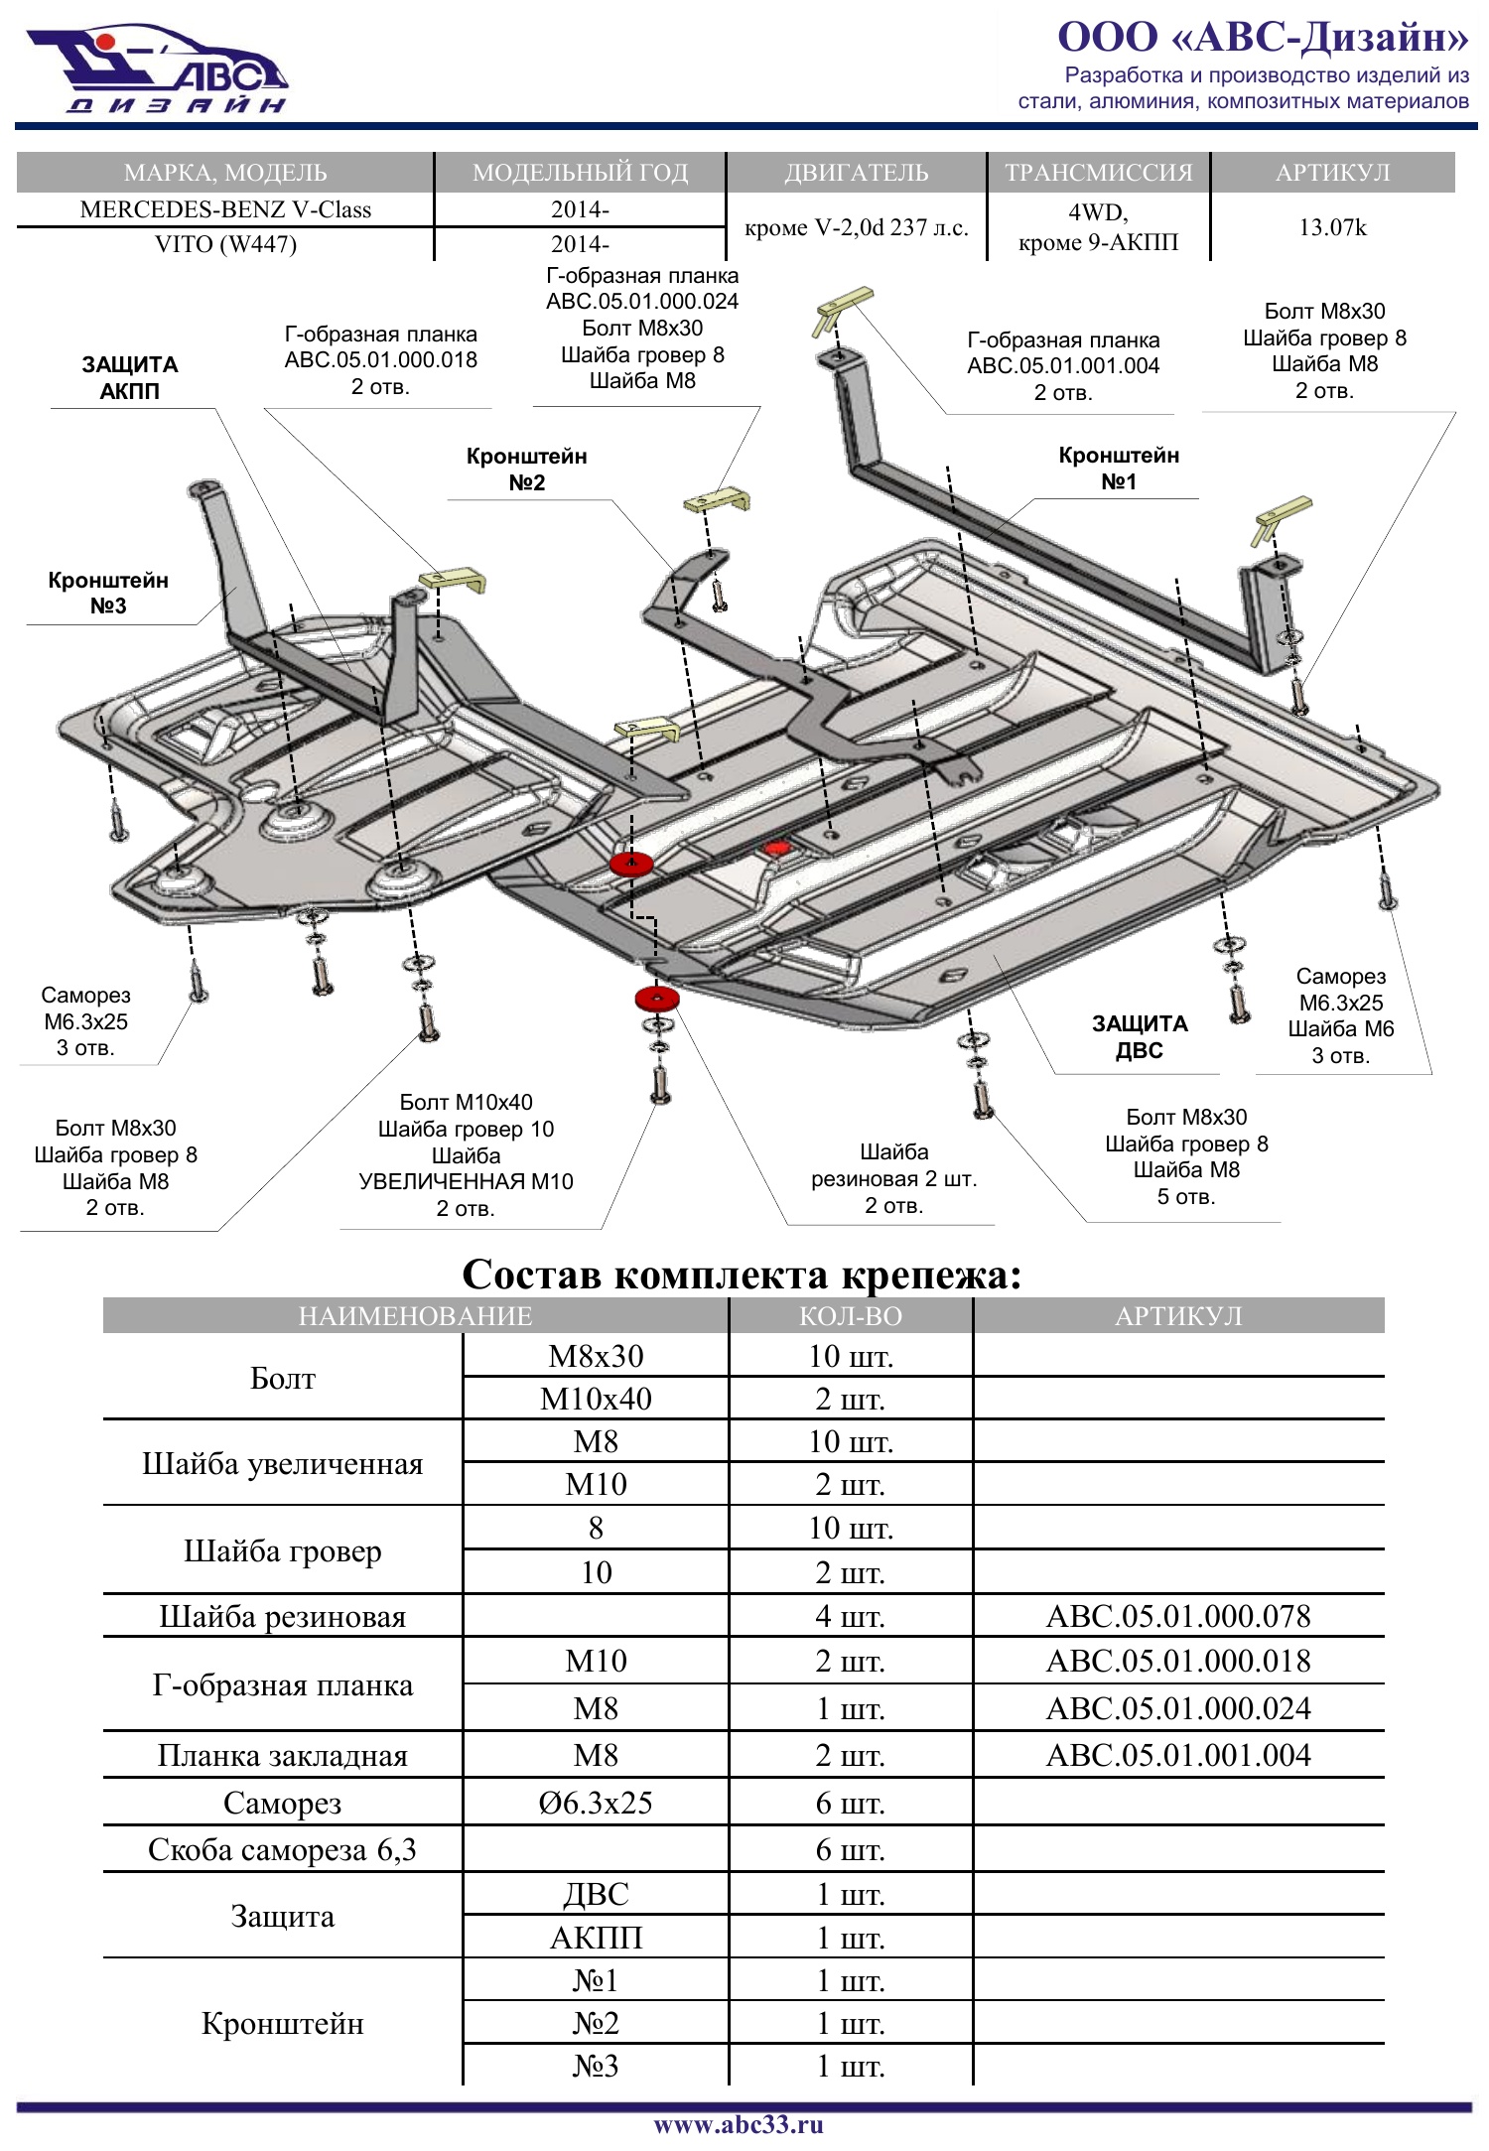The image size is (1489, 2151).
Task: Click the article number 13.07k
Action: (1332, 227)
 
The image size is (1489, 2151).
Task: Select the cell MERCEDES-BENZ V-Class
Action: (225, 209)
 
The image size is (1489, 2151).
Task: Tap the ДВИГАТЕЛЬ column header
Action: (856, 173)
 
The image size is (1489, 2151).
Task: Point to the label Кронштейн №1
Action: (1119, 469)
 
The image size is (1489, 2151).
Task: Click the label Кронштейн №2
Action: (526, 470)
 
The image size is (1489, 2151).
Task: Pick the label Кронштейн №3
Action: (108, 593)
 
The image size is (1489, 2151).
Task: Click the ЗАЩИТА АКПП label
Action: (130, 377)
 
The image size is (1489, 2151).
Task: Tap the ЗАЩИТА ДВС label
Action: (1140, 1036)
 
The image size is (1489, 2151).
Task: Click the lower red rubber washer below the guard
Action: (657, 999)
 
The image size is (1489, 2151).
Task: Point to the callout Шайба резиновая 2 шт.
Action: (893, 1178)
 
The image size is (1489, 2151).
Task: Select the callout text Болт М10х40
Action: (466, 1103)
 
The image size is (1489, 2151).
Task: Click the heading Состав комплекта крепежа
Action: (742, 1275)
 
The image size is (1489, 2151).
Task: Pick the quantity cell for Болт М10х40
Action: (850, 1399)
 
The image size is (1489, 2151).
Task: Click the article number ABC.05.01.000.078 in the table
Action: (1178, 1616)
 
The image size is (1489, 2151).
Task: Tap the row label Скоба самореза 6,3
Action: (282, 1849)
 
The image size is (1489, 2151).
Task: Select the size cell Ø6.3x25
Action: (596, 1803)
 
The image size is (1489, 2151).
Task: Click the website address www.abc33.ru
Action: (739, 2124)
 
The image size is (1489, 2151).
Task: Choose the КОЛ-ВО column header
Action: (850, 1316)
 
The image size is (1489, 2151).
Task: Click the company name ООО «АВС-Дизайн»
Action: (1262, 37)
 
